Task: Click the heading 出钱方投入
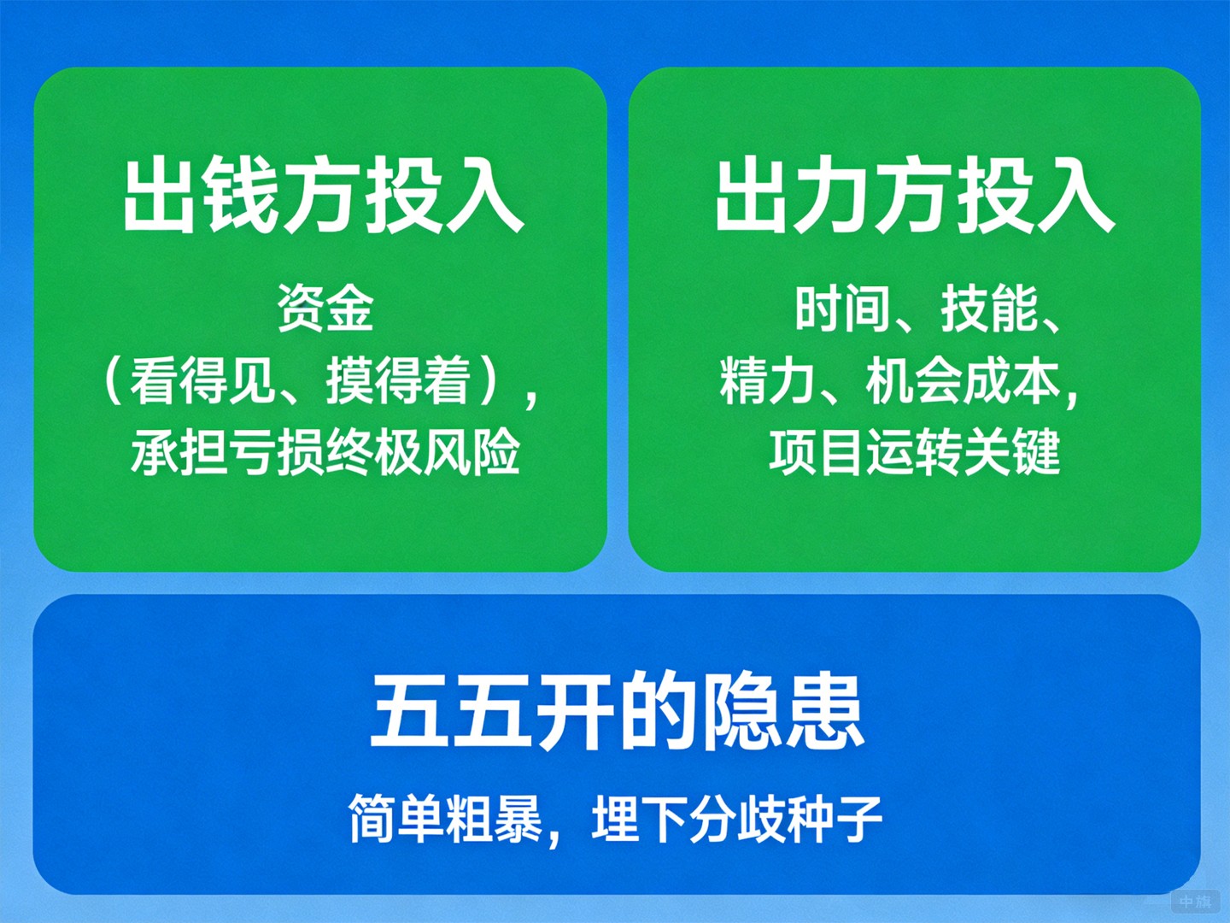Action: click(323, 195)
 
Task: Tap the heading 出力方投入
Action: click(915, 195)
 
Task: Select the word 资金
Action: click(325, 309)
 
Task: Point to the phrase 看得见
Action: click(202, 381)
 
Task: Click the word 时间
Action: click(841, 309)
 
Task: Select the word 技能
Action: click(988, 309)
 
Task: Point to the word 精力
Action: click(767, 381)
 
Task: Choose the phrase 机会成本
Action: click(963, 381)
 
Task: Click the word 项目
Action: click(817, 452)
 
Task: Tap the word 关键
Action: click(1012, 452)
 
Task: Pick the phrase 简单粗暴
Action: click(445, 819)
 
